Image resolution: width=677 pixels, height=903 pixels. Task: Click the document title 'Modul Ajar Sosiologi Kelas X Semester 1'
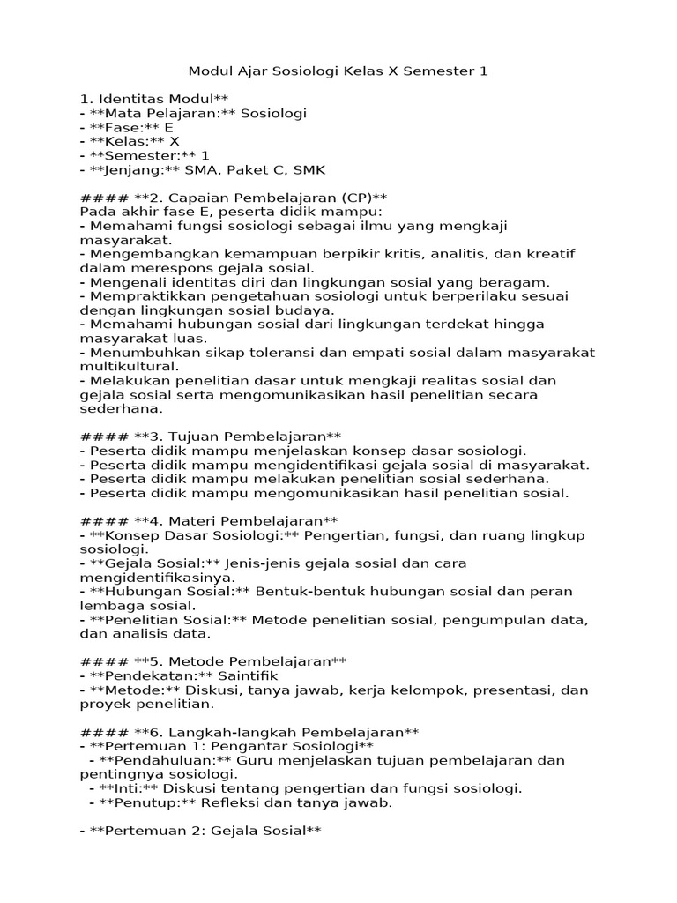(x=338, y=71)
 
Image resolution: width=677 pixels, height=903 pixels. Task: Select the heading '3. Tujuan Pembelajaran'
(x=229, y=437)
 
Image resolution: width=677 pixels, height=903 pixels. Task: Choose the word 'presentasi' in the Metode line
(x=520, y=690)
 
